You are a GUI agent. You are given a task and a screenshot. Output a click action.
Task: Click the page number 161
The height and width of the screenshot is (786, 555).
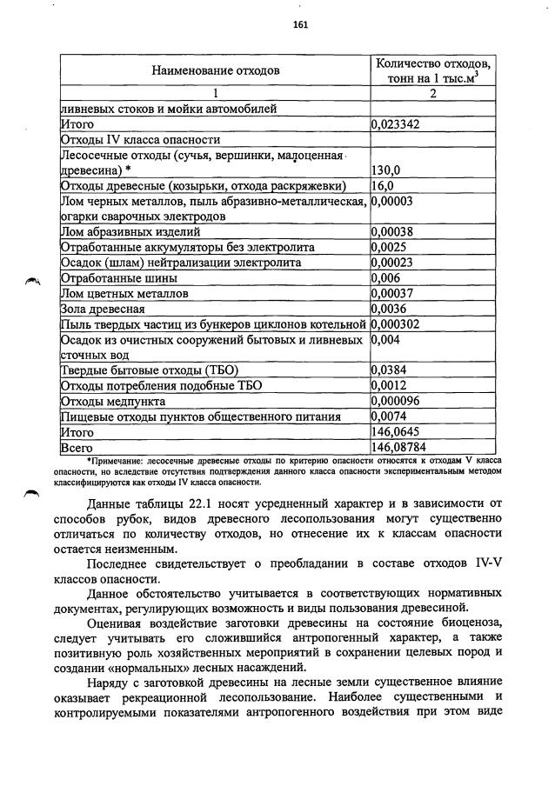(x=301, y=24)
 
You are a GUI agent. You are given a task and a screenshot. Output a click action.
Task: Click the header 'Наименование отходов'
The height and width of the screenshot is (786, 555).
(x=215, y=70)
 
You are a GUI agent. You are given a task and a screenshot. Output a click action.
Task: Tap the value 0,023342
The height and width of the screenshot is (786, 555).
(x=396, y=124)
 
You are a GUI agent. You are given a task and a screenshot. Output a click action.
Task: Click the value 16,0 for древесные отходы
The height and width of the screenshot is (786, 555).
(x=383, y=186)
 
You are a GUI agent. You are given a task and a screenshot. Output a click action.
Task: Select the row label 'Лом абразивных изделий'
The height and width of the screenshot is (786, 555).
(x=130, y=232)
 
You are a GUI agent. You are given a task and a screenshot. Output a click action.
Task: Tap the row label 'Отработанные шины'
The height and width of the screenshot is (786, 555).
(x=118, y=279)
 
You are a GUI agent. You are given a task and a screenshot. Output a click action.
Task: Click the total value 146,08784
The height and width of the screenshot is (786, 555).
(x=399, y=447)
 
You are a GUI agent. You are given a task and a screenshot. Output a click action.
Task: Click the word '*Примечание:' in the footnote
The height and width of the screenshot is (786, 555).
(x=115, y=460)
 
